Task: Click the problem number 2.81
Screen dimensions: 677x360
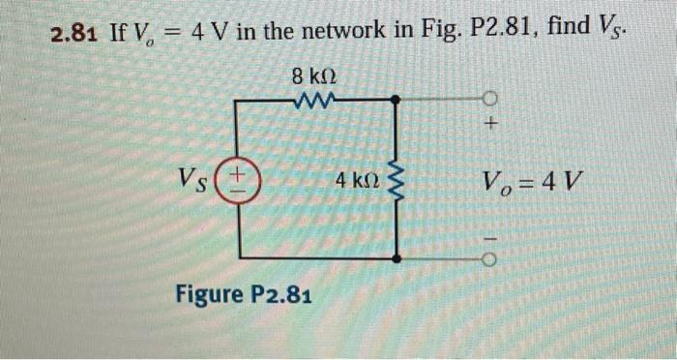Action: (75, 35)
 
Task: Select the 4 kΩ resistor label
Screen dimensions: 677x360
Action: (355, 180)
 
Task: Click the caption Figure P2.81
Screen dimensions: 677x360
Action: (236, 294)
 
